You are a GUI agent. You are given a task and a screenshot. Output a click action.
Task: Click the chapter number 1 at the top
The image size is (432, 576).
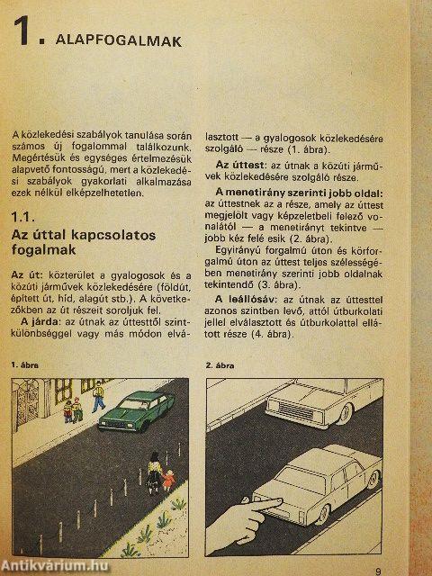click(22, 37)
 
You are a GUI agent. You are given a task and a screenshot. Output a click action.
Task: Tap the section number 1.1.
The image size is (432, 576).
click(24, 217)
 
